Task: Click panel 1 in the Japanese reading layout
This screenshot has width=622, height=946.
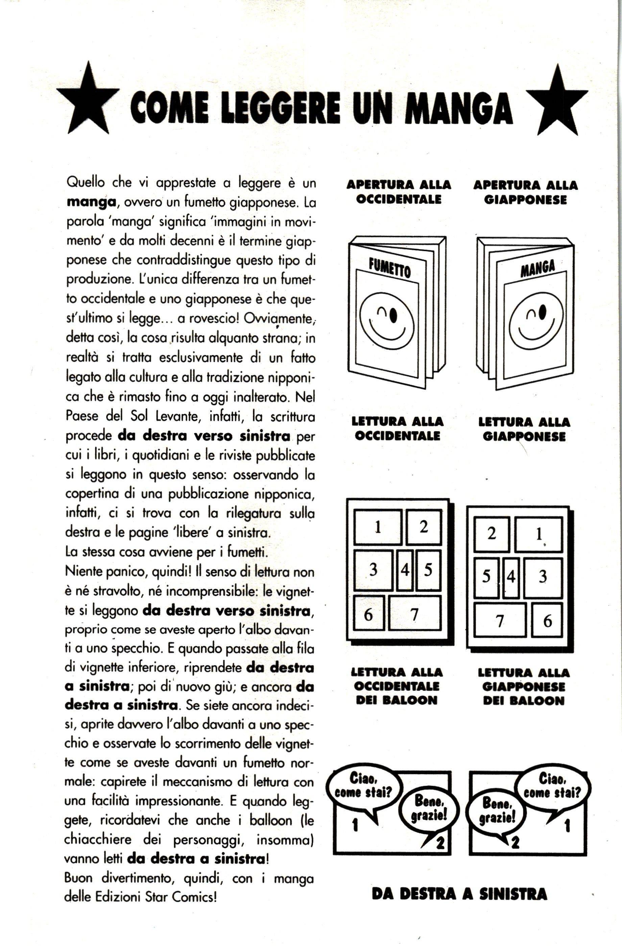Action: pos(539,535)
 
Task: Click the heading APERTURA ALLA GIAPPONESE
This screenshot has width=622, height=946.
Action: pos(525,192)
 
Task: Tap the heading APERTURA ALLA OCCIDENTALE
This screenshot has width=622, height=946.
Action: pos(399,192)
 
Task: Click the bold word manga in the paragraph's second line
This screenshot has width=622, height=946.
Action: pos(91,202)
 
